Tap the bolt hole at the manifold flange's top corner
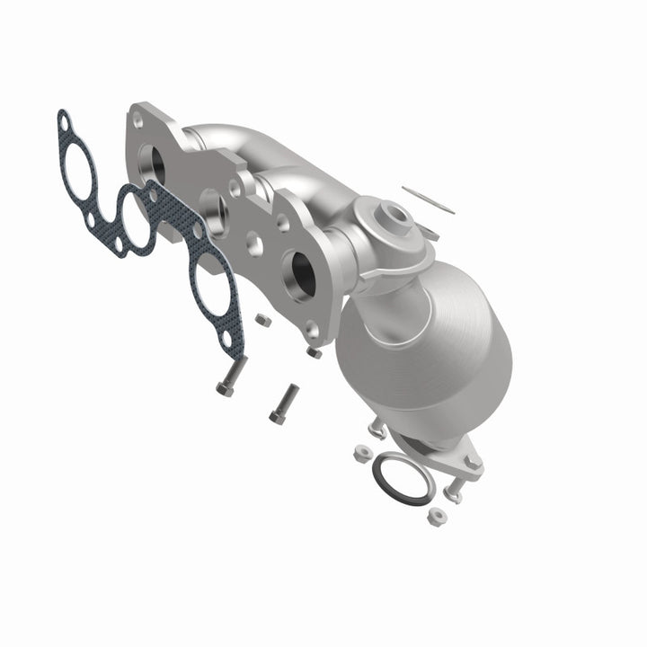coord(137,118)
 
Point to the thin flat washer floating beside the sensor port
coord(428,199)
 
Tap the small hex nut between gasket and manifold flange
coord(263,319)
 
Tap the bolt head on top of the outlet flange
coord(470,461)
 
